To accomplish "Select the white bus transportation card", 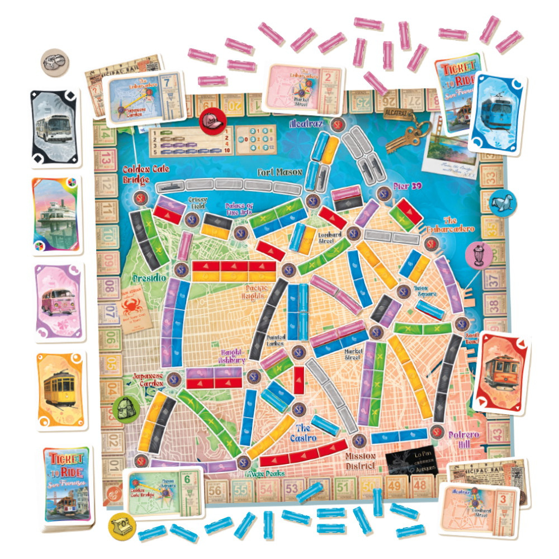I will tap(55, 127).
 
